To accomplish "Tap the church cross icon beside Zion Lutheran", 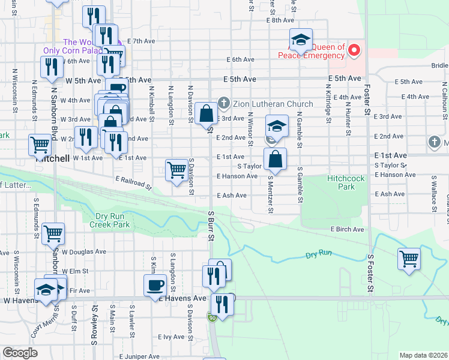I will point(223,104).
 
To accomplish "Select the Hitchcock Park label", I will point(349,182).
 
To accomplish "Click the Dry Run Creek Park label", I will point(113,220).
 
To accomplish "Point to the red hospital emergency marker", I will point(354,50).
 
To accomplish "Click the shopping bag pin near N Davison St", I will point(206,113).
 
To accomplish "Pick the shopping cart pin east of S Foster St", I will point(409,259).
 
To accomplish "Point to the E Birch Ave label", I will point(347,229).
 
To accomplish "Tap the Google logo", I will point(20,353).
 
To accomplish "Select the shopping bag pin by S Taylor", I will point(275,159).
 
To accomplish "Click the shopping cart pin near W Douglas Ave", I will point(53,233).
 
